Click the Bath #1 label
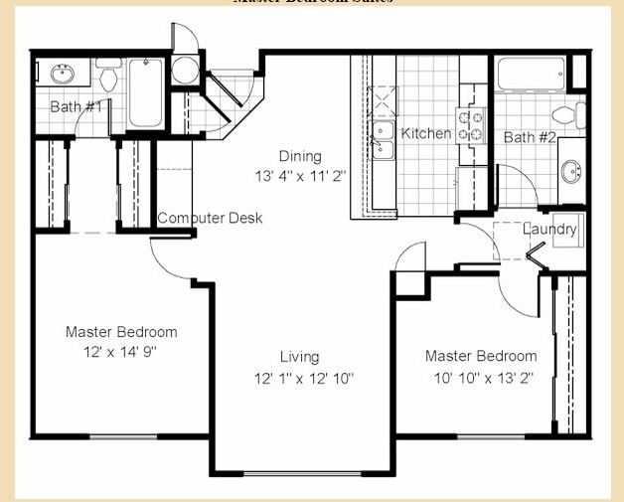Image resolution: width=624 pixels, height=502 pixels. click(76, 105)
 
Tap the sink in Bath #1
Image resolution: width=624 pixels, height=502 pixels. click(60, 73)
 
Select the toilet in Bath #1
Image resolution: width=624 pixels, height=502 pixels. click(108, 75)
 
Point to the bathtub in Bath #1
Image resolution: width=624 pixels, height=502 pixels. click(145, 92)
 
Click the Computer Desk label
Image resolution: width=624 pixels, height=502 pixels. click(210, 218)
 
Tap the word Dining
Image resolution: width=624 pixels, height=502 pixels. click(299, 156)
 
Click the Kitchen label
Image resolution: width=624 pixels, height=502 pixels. click(425, 133)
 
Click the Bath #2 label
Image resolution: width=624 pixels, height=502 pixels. click(531, 137)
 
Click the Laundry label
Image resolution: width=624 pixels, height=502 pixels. click(549, 230)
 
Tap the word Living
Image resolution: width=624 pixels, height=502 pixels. click(299, 357)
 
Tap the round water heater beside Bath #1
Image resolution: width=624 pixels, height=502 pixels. click(185, 70)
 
